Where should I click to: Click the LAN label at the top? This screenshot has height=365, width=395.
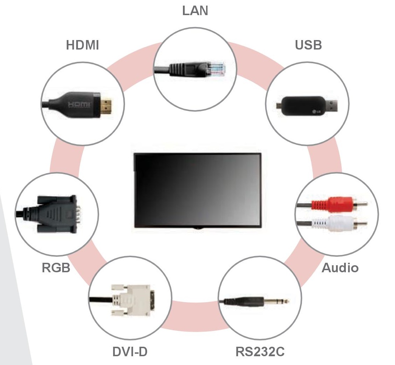195,11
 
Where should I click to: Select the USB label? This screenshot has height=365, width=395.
308,45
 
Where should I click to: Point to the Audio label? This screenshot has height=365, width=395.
340,268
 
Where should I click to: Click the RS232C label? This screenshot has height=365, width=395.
260,352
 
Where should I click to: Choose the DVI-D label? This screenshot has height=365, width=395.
130,352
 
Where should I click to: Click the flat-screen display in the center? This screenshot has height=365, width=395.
198,190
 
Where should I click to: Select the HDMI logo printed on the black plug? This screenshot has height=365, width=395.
79,105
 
